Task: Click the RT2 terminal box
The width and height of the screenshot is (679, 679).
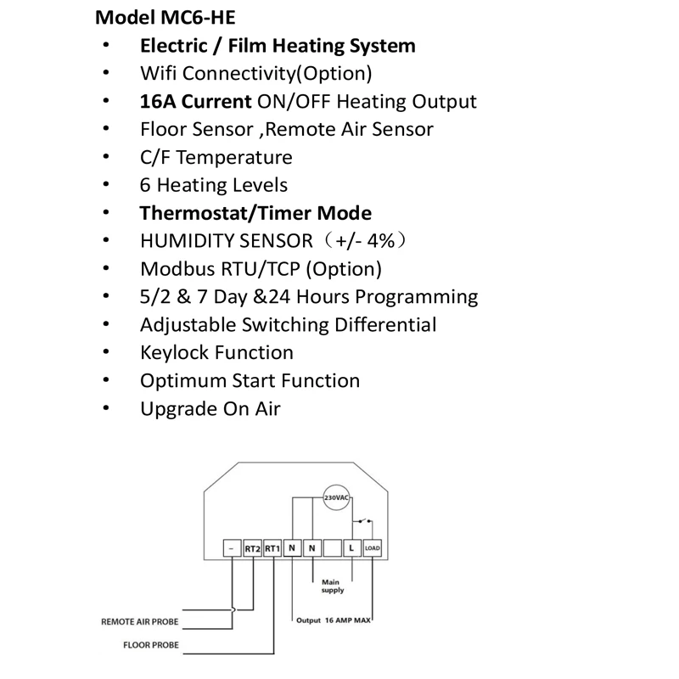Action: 252,548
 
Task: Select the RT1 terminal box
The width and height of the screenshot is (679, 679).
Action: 272,548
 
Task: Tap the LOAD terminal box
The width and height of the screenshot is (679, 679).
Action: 372,548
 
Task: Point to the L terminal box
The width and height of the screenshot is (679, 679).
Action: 351,548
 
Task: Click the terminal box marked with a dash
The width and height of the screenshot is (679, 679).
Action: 232,548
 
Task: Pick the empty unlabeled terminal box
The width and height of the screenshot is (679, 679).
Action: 332,548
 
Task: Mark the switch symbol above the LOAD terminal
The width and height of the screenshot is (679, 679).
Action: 368,520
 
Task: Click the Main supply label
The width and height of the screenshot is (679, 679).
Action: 332,586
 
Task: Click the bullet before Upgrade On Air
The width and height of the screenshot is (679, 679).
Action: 106,409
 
